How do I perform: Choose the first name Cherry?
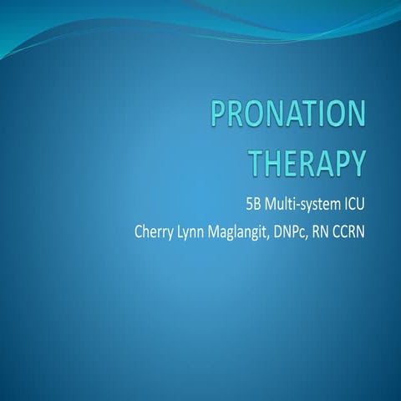(x=155, y=229)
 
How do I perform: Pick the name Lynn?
(x=198, y=229)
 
